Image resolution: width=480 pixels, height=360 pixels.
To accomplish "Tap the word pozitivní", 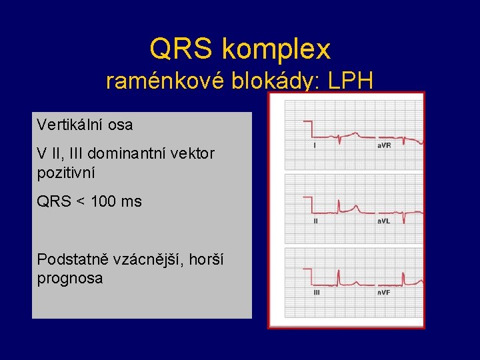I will (x=66, y=173).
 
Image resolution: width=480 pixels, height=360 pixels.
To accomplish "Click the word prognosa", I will (x=70, y=278).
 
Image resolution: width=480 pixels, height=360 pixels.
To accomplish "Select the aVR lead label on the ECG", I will (x=384, y=145).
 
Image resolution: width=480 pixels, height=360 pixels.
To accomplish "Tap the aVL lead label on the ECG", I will (x=384, y=221).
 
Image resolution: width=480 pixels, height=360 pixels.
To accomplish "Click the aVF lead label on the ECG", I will (x=384, y=293).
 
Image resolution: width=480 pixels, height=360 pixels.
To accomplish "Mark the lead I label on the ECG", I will (x=315, y=145).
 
